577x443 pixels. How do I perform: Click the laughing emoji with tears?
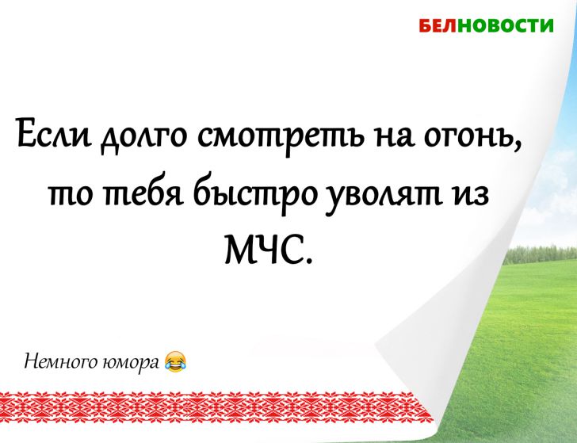175,363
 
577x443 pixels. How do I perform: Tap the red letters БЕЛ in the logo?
436,25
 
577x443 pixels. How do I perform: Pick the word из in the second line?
484,193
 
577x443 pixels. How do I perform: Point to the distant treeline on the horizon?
547,254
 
